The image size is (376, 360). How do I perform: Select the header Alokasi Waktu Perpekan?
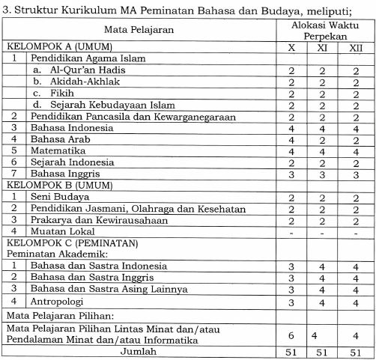click(324, 29)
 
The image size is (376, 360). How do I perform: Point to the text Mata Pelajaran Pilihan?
click(64, 315)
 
